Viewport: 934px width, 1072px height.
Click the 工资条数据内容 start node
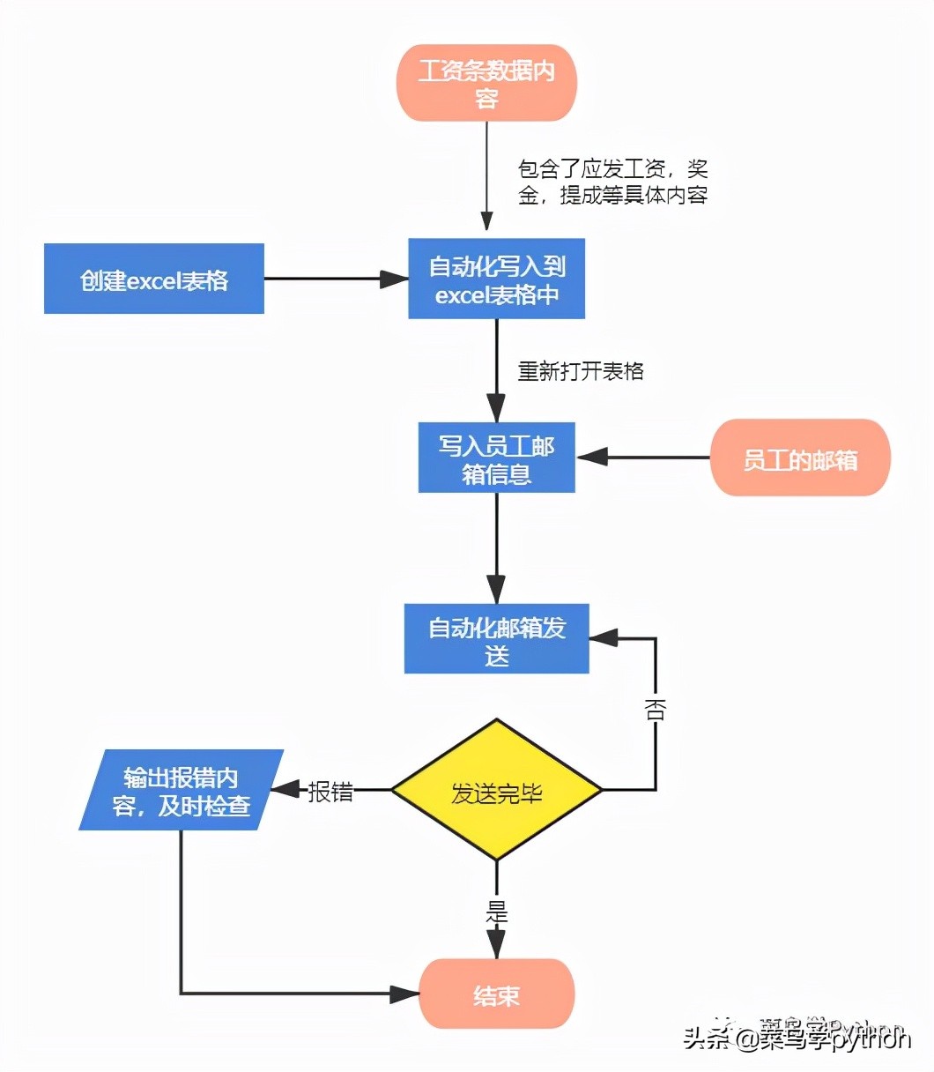[486, 83]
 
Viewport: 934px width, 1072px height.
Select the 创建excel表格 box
[154, 279]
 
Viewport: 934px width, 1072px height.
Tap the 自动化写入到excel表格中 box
[496, 279]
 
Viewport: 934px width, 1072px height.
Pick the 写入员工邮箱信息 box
[496, 458]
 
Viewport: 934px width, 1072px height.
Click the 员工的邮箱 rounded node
[800, 458]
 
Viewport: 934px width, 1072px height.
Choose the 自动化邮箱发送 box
[496, 639]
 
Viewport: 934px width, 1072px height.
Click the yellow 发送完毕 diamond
[496, 791]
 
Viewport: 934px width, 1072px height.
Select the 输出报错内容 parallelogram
[182, 791]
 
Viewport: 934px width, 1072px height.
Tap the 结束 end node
[496, 994]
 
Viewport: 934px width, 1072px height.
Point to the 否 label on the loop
[655, 710]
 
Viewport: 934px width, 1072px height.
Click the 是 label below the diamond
[497, 912]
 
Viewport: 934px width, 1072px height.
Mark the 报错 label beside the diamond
[330, 792]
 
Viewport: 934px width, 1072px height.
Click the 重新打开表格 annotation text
[581, 371]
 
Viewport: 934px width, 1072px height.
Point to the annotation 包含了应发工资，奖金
[612, 182]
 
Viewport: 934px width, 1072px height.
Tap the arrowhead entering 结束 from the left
[405, 994]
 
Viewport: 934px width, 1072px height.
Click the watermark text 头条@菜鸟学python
[797, 1038]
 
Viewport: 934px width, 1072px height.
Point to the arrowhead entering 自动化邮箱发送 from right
[604, 638]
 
